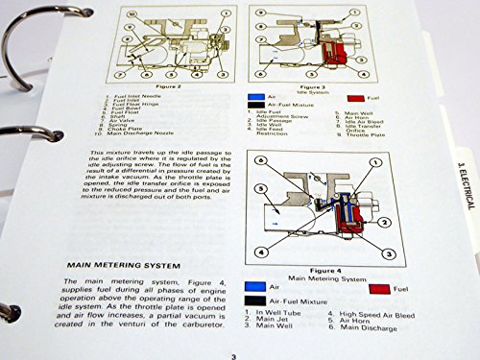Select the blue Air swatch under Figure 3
coord(256,98)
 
